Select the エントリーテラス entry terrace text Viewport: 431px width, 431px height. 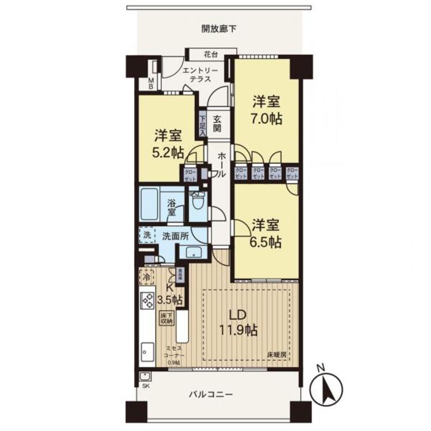click(201, 75)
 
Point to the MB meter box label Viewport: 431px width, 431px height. click(151, 83)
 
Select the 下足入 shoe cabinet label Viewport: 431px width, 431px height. click(202, 125)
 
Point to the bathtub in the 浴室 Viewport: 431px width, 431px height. click(153, 204)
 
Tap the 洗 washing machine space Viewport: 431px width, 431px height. click(147, 235)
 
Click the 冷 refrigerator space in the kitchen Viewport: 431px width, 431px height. click(147, 276)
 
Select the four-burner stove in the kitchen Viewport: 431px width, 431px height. click(147, 300)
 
